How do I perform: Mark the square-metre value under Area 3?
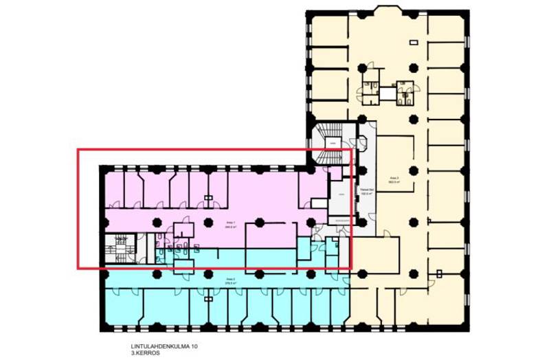tap(394, 181)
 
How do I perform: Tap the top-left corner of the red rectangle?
tap(78, 150)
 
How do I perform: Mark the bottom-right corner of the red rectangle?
tap(351, 268)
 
